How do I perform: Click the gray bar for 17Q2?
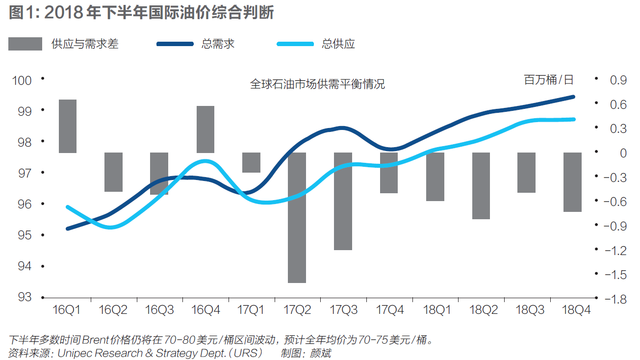(x=297, y=217)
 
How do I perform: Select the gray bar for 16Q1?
(x=68, y=126)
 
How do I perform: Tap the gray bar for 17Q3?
(x=343, y=201)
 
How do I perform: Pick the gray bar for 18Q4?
(x=572, y=182)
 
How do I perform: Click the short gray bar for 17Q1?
(x=252, y=162)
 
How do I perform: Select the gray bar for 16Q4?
(x=205, y=129)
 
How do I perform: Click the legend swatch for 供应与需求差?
(x=25, y=44)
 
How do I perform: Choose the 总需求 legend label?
(x=218, y=44)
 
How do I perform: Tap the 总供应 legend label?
(x=338, y=44)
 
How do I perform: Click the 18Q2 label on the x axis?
(x=484, y=310)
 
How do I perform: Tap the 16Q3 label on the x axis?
(x=159, y=310)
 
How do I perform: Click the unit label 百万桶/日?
(x=548, y=80)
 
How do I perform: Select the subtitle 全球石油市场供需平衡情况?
(x=317, y=84)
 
